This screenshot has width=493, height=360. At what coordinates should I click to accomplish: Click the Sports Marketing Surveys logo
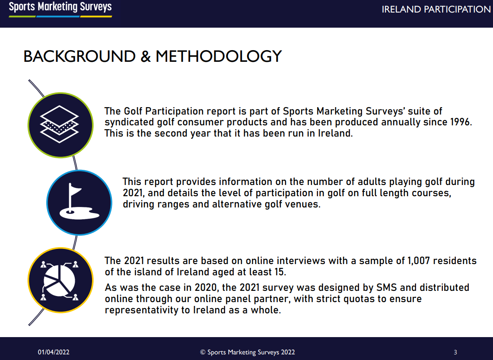[x=60, y=9]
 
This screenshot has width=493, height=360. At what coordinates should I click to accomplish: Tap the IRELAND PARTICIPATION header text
[x=436, y=10]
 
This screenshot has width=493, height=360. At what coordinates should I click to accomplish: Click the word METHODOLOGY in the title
[x=219, y=56]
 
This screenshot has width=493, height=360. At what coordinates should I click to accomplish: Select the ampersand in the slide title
[x=146, y=56]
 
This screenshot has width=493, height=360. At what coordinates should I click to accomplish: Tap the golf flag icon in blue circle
[x=79, y=203]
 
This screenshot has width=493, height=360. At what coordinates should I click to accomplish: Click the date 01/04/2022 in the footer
[x=54, y=352]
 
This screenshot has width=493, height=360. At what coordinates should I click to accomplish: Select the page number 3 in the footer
[x=455, y=352]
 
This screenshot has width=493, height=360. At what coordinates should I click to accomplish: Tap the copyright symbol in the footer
[x=203, y=353]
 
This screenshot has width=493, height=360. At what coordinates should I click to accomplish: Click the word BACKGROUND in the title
[x=80, y=56]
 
